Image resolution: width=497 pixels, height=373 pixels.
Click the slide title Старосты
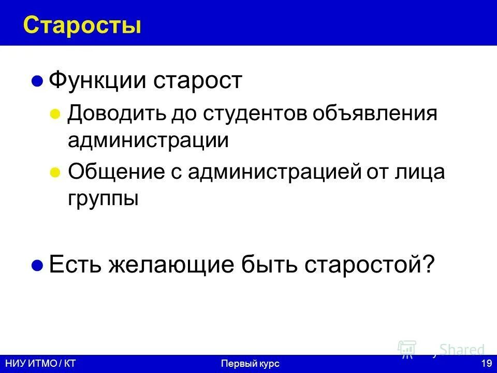(82, 24)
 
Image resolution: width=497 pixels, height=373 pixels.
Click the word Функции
(97, 81)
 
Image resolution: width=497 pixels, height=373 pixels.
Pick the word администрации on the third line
(148, 140)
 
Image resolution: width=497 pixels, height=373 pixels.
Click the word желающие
(172, 265)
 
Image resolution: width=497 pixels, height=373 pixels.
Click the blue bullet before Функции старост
(37, 82)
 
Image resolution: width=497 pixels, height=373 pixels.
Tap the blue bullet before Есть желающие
(37, 266)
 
